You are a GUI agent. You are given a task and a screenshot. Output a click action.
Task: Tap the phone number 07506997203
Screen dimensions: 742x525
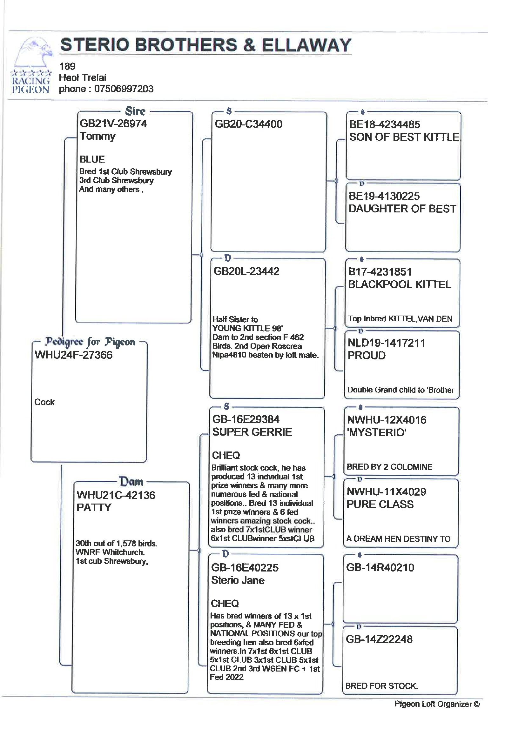coord(124,89)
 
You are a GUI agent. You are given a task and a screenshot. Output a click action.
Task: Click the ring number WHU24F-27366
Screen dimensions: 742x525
coord(73,355)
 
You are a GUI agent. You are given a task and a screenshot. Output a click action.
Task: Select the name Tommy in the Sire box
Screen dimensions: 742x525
coord(97,136)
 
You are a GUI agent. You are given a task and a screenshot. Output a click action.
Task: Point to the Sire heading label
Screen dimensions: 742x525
coord(135,111)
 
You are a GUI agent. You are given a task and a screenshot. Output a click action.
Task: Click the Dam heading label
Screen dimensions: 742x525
coord(131,482)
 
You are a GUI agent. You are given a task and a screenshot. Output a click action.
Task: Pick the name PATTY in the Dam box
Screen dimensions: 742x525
coord(94,507)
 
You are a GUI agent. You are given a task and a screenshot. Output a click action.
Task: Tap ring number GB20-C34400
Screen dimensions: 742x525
coord(248,124)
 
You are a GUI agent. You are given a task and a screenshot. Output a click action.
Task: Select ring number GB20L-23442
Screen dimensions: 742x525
coord(246,271)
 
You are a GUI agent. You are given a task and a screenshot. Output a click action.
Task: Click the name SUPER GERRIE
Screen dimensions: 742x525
coord(252,432)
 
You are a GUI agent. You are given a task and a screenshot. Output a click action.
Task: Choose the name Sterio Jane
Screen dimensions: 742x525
coord(238,580)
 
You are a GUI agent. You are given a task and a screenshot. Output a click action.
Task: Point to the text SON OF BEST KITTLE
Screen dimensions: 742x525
coord(404,137)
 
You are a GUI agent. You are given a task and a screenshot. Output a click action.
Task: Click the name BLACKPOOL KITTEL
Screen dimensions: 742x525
coord(399,284)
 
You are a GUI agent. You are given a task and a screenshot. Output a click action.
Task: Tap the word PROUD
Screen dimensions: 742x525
coord(366,356)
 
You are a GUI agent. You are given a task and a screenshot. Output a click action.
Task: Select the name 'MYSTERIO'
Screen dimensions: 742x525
coord(376,432)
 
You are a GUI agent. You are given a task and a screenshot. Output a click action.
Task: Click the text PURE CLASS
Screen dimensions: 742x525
coord(380,504)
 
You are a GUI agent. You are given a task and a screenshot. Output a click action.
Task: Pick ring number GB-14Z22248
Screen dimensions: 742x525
coord(379,639)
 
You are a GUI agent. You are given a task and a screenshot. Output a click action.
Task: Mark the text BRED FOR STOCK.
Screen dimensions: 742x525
coord(381,686)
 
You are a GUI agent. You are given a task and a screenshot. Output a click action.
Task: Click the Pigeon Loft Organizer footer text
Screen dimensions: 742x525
coord(437,704)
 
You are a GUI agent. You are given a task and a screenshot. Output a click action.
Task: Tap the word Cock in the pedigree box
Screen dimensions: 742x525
coord(44,402)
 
